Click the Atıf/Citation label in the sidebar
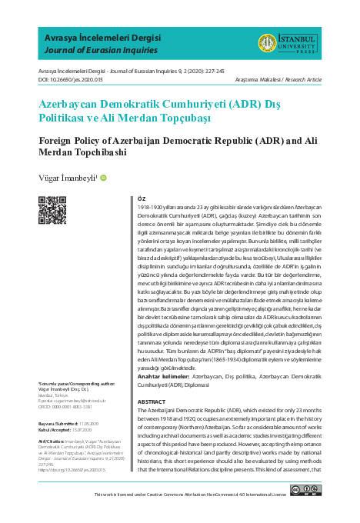pos(51,441)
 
